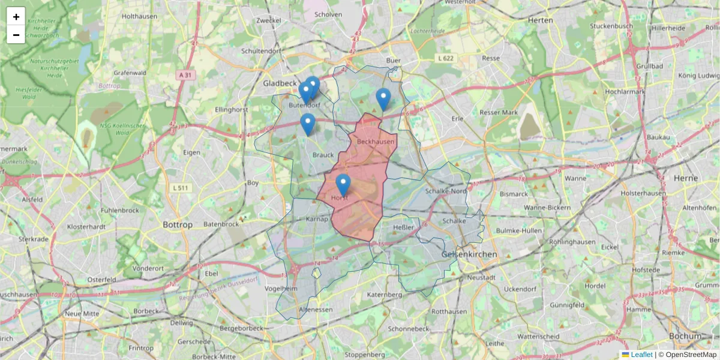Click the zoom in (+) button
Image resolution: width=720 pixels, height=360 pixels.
16,17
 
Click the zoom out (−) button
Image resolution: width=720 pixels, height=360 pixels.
16,35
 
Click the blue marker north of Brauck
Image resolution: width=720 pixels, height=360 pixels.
308,124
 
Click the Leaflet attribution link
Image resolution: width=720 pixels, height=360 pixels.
641,355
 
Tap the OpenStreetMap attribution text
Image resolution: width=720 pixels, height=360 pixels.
691,355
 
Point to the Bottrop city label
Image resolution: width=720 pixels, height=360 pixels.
178,224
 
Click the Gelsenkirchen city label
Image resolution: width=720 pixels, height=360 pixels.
469,254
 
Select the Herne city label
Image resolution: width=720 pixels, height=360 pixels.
686,178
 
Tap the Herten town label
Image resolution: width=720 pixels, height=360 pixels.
540,20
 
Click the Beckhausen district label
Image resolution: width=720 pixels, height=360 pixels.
376,142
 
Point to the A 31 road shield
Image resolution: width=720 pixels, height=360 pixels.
185,75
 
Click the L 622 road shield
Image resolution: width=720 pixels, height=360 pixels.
446,58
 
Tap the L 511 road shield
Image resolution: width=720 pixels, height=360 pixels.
181,188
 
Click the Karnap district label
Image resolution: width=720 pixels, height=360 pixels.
317,219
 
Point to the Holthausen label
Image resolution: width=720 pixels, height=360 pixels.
139,17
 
